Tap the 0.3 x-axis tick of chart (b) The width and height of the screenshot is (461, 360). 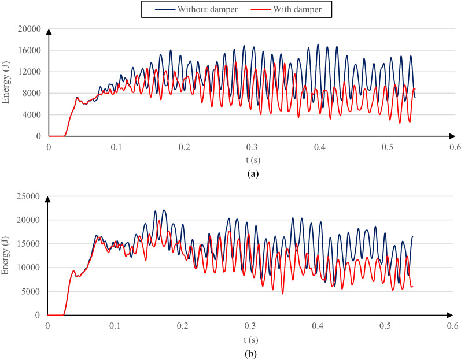(x=250, y=326)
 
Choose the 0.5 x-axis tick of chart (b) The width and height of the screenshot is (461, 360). (x=385, y=326)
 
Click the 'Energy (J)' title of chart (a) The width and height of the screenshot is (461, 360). (x=7, y=83)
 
